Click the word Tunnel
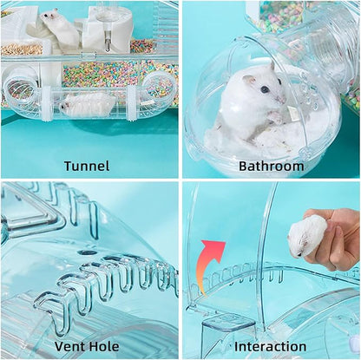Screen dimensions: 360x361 click(87, 165)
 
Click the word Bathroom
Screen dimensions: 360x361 click(271, 165)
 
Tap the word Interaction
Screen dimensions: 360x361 click(271, 346)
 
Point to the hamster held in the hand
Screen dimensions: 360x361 click(308, 235)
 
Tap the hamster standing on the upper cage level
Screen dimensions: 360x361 click(61, 28)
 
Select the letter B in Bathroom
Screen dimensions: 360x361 click(242, 165)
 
